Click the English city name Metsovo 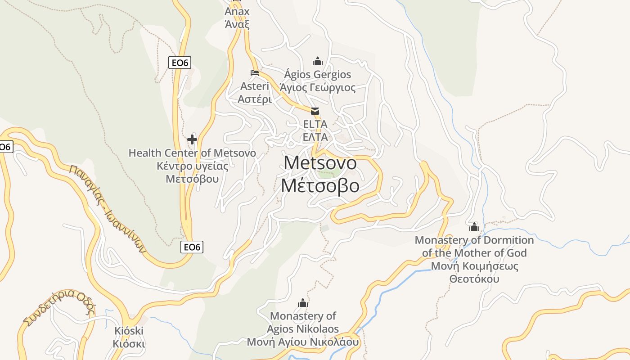320,163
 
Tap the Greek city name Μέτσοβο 320,185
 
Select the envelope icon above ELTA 315,111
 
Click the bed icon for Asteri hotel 255,72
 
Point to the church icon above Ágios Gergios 318,61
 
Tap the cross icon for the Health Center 192,139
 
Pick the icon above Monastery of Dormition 474,227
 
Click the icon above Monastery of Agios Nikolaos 303,303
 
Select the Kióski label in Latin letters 129,331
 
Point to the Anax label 237,12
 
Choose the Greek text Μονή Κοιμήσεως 475,266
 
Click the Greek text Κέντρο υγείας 192,166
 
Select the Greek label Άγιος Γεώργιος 317,88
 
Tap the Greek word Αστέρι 255,99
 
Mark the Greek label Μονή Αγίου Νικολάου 303,342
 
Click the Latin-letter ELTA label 315,124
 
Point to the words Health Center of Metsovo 192,153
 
